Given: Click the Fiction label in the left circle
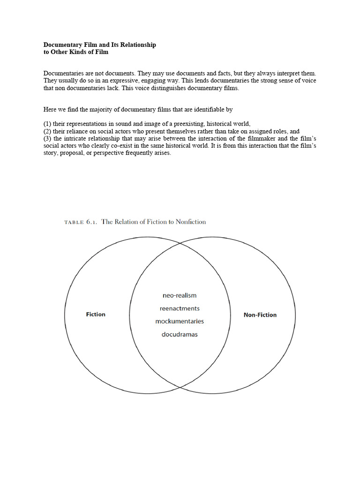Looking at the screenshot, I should point(96,314).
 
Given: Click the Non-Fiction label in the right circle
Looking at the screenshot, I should point(260,315).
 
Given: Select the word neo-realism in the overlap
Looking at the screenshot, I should point(180,295).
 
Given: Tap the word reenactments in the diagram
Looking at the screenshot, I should point(180,308).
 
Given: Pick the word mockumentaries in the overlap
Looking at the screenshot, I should point(180,322).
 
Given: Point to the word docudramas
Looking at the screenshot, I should point(180,335).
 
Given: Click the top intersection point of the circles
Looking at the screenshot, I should point(180,244).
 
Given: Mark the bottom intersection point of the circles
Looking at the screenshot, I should point(180,387).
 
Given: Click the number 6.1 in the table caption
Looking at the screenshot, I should point(90,222).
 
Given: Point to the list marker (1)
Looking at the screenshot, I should point(47,124).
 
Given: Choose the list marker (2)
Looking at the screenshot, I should point(47,131).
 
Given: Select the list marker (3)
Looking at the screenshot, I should point(47,139).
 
